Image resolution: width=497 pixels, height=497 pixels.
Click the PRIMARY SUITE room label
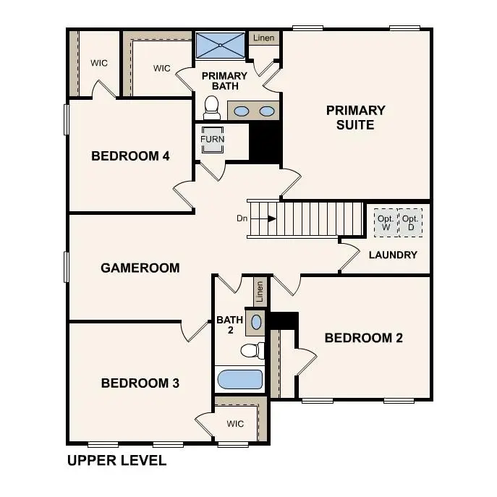pyautogui.click(x=355, y=117)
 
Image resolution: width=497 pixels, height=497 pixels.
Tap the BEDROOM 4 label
pyautogui.click(x=130, y=156)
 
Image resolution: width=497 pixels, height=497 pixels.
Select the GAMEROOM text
pyautogui.click(x=140, y=268)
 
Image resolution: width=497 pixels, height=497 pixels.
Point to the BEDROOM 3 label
pyautogui.click(x=140, y=383)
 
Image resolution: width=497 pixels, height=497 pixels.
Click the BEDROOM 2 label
pyautogui.click(x=363, y=338)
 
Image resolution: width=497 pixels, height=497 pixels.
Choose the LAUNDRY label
pyautogui.click(x=393, y=255)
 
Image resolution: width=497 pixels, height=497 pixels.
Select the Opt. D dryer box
pyautogui.click(x=410, y=223)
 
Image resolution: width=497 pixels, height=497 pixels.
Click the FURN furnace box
pyautogui.click(x=213, y=140)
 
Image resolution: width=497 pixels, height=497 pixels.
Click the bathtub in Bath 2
pyautogui.click(x=239, y=379)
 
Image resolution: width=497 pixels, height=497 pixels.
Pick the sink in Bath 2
pyautogui.click(x=256, y=320)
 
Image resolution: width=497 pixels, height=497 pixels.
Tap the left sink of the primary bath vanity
pyautogui.click(x=242, y=111)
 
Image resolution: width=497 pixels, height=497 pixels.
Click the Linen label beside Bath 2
pyautogui.click(x=260, y=292)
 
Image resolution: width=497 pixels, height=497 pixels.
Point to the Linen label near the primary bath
pyautogui.click(x=263, y=37)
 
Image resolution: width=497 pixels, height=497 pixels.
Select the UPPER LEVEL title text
pyautogui.click(x=116, y=460)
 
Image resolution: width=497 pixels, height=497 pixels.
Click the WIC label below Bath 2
pyautogui.click(x=236, y=423)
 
